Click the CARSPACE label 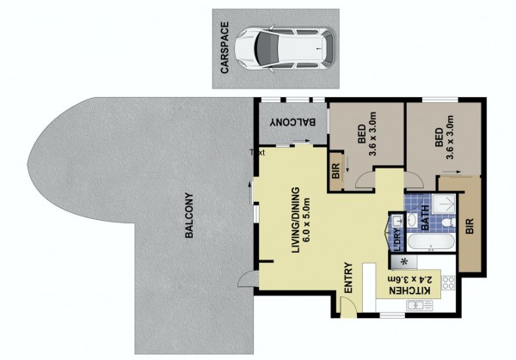(x=224, y=48)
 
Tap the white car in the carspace (x=285, y=49)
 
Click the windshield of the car (x=265, y=49)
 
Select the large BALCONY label (x=189, y=216)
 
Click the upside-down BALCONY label (x=292, y=122)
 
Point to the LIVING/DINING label (x=296, y=220)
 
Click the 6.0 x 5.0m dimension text (x=307, y=220)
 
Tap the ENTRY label (x=348, y=278)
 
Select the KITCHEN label (x=409, y=290)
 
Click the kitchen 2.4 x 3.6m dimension (x=409, y=280)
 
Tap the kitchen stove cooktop (x=448, y=283)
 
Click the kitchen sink (x=420, y=305)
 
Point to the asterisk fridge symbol (x=404, y=262)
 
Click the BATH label (x=425, y=217)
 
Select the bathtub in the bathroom (x=431, y=242)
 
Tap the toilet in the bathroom (x=448, y=223)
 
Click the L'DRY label (x=397, y=240)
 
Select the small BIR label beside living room (x=335, y=171)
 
